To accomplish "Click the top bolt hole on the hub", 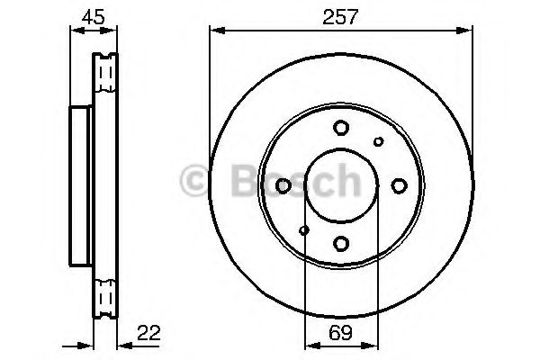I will [x=340, y=128].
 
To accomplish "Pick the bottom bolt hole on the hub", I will [x=340, y=242].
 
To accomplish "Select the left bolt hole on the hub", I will [x=283, y=185].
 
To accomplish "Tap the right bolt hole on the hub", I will [x=398, y=185].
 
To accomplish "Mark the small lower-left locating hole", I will [x=303, y=230].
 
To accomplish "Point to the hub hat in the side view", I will [x=79, y=184].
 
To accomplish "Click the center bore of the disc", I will [x=340, y=185].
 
